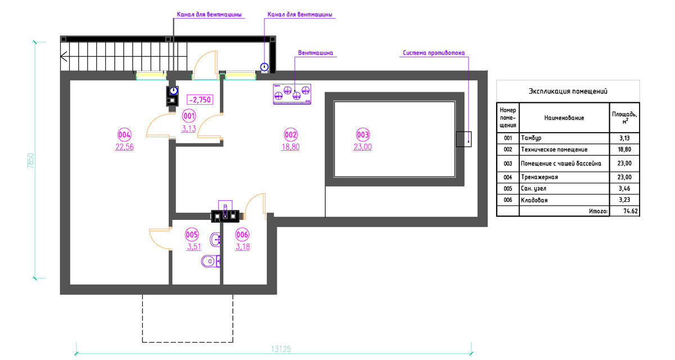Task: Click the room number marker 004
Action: click(x=124, y=134)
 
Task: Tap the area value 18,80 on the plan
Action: click(x=290, y=147)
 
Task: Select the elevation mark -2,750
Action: click(x=200, y=100)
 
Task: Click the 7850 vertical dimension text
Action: click(x=30, y=160)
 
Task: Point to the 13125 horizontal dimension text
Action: click(x=281, y=349)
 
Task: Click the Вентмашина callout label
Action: click(x=316, y=53)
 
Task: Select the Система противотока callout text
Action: click(x=434, y=53)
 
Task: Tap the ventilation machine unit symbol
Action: click(x=292, y=94)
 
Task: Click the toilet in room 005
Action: click(x=210, y=261)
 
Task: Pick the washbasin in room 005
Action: click(x=215, y=240)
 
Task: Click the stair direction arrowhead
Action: click(x=64, y=57)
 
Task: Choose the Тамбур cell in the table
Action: click(x=531, y=138)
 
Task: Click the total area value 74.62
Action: click(x=631, y=211)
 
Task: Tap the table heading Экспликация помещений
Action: click(x=568, y=91)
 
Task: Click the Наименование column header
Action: click(x=564, y=118)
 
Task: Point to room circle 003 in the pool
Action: click(x=362, y=134)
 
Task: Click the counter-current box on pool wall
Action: click(x=463, y=139)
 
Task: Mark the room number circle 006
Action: click(x=242, y=235)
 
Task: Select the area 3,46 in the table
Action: click(x=624, y=188)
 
